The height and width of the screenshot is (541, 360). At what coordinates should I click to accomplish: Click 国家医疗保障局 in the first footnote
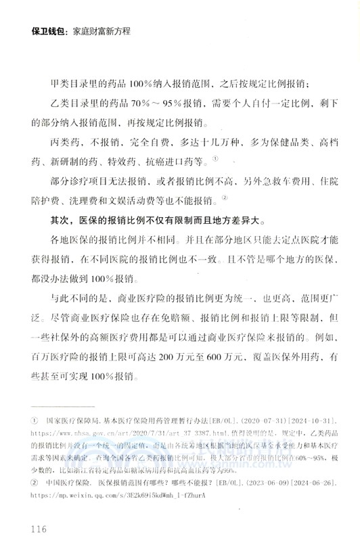point(74,420)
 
